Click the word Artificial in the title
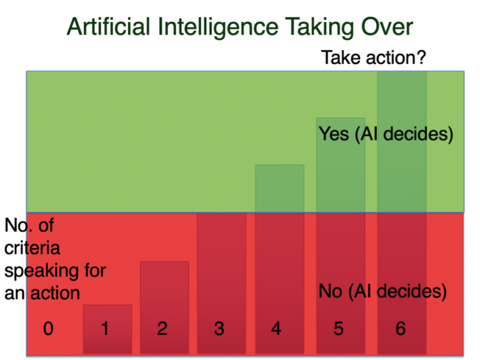pos(109,28)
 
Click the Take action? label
pos(373,59)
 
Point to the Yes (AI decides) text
pos(386,134)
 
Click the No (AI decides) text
pos(382,291)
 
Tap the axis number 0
pos(47,329)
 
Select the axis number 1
pos(105,329)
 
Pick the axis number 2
pos(162,329)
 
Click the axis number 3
pos(219,329)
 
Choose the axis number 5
pos(338,329)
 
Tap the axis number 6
pos(401,329)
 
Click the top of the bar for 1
pos(107,306)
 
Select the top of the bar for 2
pos(164,262)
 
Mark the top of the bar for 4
pos(279,166)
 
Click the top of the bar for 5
pos(340,119)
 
